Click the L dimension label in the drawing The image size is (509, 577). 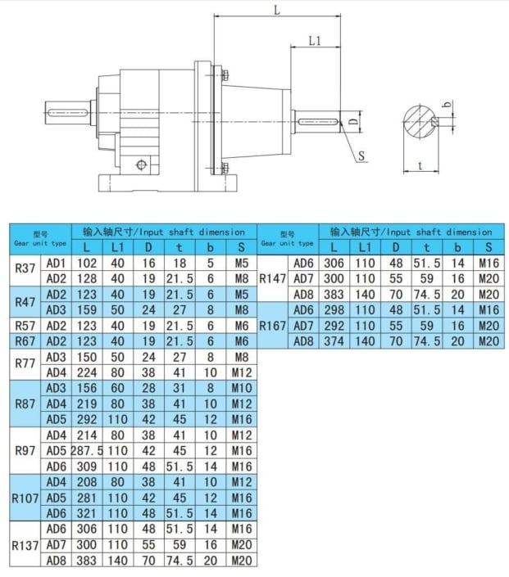pos(276,11)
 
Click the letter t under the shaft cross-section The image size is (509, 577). pos(420,165)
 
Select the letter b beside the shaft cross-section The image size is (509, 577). pos(447,105)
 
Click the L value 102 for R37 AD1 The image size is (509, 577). pos(87,264)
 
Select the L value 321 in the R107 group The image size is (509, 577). pos(87,513)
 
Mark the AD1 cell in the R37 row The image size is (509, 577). pos(56,264)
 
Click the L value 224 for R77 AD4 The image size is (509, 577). pos(87,372)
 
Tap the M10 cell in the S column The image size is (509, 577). pos(241,388)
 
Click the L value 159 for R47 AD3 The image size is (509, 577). pos(87,310)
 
